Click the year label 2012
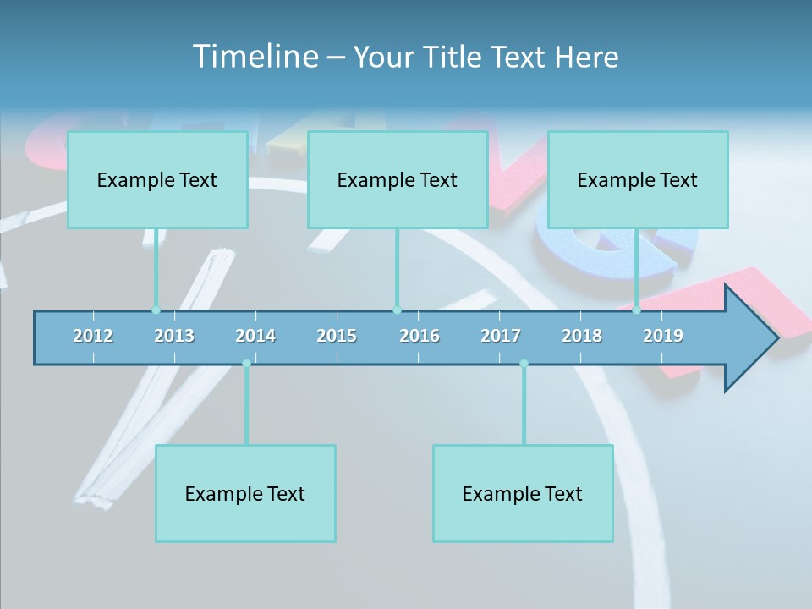coord(93,336)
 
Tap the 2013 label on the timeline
coord(174,336)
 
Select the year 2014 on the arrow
coord(255,336)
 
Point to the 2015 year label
coord(337,336)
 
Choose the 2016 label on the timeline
coord(420,336)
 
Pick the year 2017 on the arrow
coord(501,336)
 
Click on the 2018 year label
coord(582,336)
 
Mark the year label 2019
coord(663,336)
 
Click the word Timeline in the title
coord(255,57)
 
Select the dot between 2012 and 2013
coord(156,310)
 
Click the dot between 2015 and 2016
coord(397,310)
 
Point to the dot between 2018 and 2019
coord(637,310)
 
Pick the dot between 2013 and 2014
coord(246,364)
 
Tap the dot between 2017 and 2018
coord(524,364)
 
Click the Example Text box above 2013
coord(157,179)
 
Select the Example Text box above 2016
coord(398,179)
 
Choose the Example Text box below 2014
coord(245,493)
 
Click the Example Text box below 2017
coord(523,493)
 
